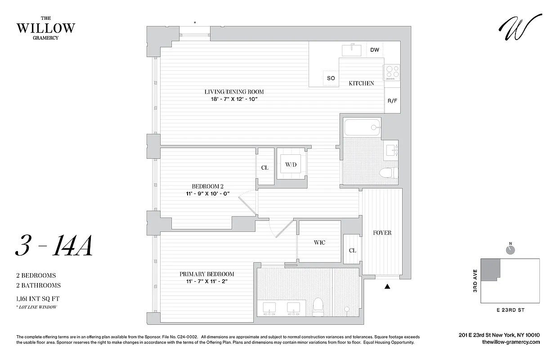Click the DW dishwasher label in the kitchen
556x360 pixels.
point(375,50)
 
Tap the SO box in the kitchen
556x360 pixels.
point(331,78)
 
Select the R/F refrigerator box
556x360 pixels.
point(392,100)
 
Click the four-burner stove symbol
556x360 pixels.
point(391,72)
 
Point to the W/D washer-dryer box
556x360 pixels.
point(291,165)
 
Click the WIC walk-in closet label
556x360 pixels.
point(319,243)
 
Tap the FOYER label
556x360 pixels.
point(382,233)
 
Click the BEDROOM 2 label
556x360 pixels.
point(207,186)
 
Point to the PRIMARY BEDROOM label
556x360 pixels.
point(207,274)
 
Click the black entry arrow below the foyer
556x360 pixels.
point(387,286)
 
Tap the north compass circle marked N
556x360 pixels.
point(510,250)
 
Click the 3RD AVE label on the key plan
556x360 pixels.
point(475,282)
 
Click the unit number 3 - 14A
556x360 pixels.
point(54,247)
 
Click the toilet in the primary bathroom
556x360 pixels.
point(318,306)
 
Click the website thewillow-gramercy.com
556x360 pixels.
point(511,342)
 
